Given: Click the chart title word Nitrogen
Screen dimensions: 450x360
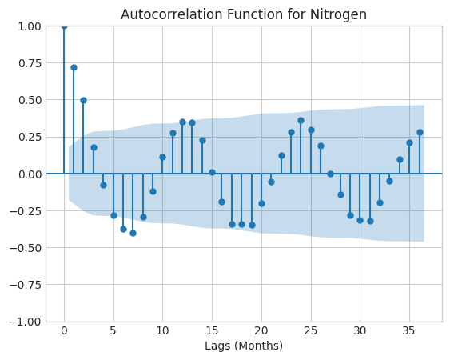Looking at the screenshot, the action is pos(338,14).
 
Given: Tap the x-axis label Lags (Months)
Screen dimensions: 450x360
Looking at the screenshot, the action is pos(244,346).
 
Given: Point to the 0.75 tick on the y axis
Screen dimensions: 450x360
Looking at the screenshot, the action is pos(30,63).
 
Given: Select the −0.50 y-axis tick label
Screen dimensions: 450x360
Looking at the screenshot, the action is pos(26,248).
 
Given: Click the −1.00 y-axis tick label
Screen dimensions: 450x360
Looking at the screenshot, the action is pos(26,322).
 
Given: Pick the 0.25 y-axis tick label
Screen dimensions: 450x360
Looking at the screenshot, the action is pos(30,137).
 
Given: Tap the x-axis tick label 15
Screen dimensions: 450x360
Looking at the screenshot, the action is pos(212,331).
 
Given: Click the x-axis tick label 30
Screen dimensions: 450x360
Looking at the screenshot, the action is pos(360,331).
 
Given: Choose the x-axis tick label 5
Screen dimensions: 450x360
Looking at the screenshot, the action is pos(113,331).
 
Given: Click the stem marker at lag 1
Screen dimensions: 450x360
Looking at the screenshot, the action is pos(74,67).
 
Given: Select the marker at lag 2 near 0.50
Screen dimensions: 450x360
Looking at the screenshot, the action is pos(83,100).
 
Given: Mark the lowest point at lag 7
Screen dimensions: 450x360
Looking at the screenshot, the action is pos(133,233).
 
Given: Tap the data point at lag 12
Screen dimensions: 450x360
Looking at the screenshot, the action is pos(182,122).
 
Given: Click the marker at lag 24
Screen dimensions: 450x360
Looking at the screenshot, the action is pos(301,120).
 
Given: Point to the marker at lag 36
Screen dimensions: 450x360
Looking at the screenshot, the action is pos(420,133).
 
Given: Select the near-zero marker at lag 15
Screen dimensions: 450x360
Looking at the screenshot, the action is pos(212,172).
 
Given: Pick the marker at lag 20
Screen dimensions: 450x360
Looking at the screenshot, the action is pos(261,203).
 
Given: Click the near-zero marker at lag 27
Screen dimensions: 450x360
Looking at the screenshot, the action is pos(330,174).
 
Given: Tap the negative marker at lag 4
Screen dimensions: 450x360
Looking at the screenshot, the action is pos(103,185).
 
